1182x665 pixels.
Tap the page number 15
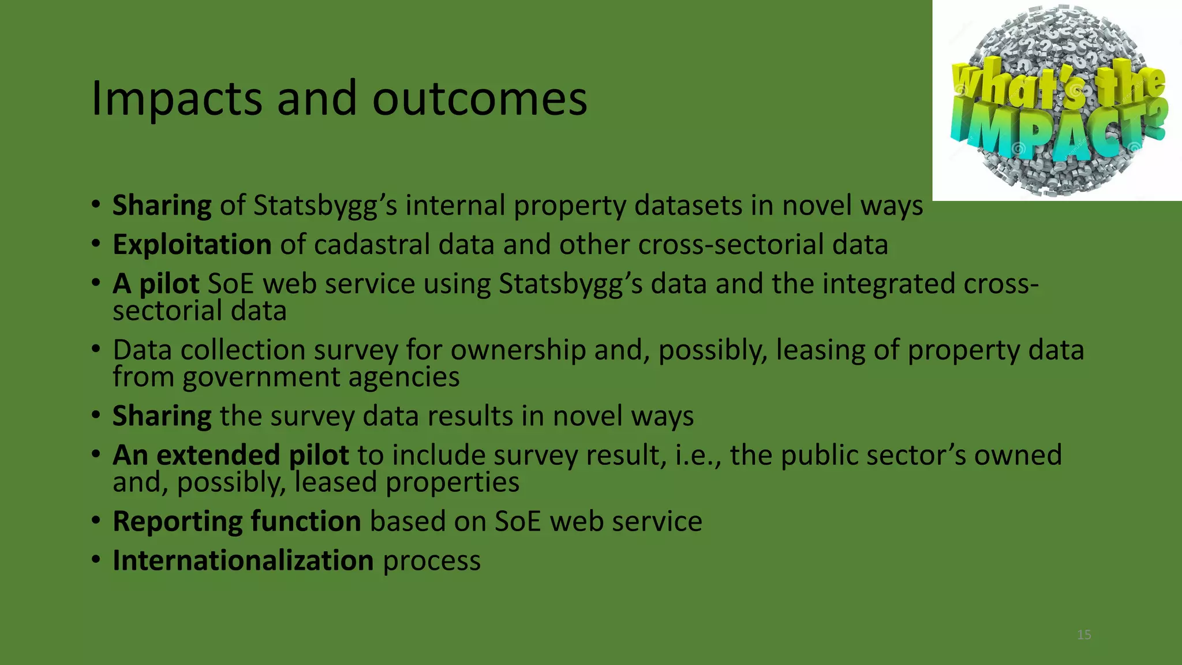(1084, 635)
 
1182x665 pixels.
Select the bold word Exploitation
(192, 245)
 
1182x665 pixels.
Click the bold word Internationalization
(243, 561)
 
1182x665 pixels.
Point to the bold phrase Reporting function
(237, 521)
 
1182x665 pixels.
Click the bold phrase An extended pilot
(230, 455)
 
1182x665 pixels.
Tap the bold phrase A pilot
(156, 284)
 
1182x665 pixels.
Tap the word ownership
(518, 350)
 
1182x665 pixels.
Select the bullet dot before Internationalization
(96, 559)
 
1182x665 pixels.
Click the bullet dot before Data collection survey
(96, 349)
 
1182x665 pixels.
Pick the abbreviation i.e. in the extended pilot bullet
(698, 455)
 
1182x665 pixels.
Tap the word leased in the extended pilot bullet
(335, 482)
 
